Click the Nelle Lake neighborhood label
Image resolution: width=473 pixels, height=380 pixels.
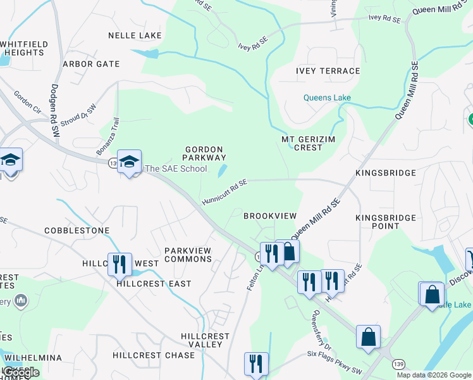135,35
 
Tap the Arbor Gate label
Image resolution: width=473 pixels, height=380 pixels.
91,64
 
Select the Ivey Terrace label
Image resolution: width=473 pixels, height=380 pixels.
328,71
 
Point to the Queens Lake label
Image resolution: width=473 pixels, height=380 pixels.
327,98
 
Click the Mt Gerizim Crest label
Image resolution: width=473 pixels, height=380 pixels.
302,143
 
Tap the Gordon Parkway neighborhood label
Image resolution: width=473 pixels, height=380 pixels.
205,153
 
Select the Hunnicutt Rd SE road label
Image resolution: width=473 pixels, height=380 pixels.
224,191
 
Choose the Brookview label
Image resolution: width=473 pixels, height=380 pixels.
270,216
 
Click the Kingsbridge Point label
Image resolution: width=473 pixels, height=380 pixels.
386,222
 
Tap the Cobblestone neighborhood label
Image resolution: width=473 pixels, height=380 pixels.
77,231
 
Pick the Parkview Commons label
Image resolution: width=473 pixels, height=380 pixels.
188,255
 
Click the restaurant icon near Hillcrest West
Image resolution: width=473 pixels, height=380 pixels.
120,263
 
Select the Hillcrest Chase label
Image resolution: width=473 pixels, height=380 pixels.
154,355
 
